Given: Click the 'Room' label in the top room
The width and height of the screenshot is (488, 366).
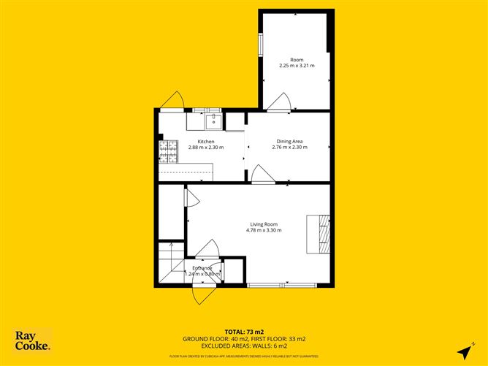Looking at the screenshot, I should (x=297, y=59).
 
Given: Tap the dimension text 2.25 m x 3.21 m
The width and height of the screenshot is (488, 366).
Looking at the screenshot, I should (x=297, y=66).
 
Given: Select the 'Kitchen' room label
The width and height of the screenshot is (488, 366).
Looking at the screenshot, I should (x=205, y=141).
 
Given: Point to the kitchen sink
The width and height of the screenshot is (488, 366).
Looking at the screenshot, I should (x=214, y=120).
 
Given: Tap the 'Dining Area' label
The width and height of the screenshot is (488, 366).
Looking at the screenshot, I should (x=289, y=141).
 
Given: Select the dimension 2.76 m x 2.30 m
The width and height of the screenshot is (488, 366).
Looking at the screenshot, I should (x=289, y=148).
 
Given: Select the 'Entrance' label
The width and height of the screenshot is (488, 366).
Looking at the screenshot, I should (x=202, y=268).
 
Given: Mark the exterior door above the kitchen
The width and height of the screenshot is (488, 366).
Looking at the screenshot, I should (x=174, y=101).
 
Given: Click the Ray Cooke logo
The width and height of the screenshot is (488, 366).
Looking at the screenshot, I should (x=33, y=341).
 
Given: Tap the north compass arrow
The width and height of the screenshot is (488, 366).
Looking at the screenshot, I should (x=464, y=351).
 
